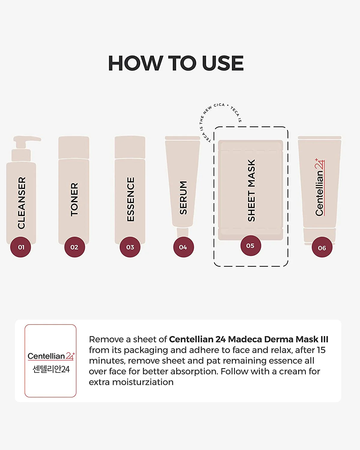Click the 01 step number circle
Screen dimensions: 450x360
(x=21, y=247)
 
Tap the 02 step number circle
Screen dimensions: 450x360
(x=74, y=247)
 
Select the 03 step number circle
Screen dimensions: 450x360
(x=130, y=247)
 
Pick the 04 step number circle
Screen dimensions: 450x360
(x=183, y=247)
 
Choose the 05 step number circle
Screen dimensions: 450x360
(x=250, y=246)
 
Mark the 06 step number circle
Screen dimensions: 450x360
(x=322, y=248)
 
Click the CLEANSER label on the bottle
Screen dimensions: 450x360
(x=22, y=203)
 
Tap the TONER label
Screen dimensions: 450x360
(x=74, y=199)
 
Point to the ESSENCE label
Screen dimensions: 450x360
(x=130, y=199)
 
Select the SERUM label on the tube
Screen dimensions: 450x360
(x=183, y=198)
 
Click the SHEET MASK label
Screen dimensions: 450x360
(x=251, y=190)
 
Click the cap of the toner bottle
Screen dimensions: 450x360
(x=74, y=147)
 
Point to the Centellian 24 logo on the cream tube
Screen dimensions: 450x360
(x=320, y=187)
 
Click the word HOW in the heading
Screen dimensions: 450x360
(x=134, y=63)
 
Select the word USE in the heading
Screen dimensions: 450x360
(x=222, y=63)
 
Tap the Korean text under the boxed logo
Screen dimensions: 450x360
(x=51, y=369)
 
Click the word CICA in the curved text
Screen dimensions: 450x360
(x=219, y=105)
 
